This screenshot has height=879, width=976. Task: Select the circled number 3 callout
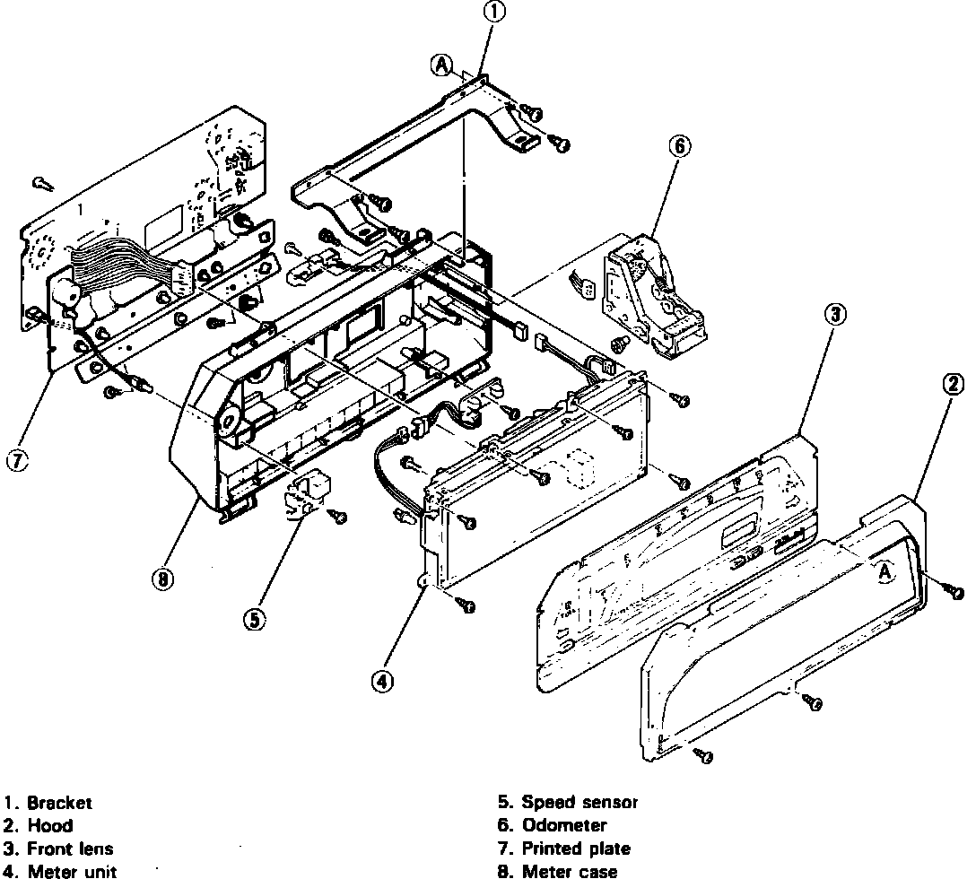(x=835, y=314)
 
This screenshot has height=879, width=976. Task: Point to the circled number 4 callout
(x=383, y=681)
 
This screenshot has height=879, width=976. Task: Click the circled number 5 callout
(x=255, y=619)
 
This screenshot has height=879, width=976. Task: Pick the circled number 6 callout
(x=679, y=146)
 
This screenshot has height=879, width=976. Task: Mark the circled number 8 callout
(x=162, y=579)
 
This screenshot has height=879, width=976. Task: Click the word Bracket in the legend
(x=59, y=803)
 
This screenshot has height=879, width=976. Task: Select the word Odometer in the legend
(x=564, y=825)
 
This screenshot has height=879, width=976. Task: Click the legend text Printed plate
(x=576, y=848)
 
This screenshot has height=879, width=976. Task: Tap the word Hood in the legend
(x=50, y=825)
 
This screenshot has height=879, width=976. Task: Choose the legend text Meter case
(x=569, y=870)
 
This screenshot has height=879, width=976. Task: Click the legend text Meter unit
(x=72, y=870)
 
